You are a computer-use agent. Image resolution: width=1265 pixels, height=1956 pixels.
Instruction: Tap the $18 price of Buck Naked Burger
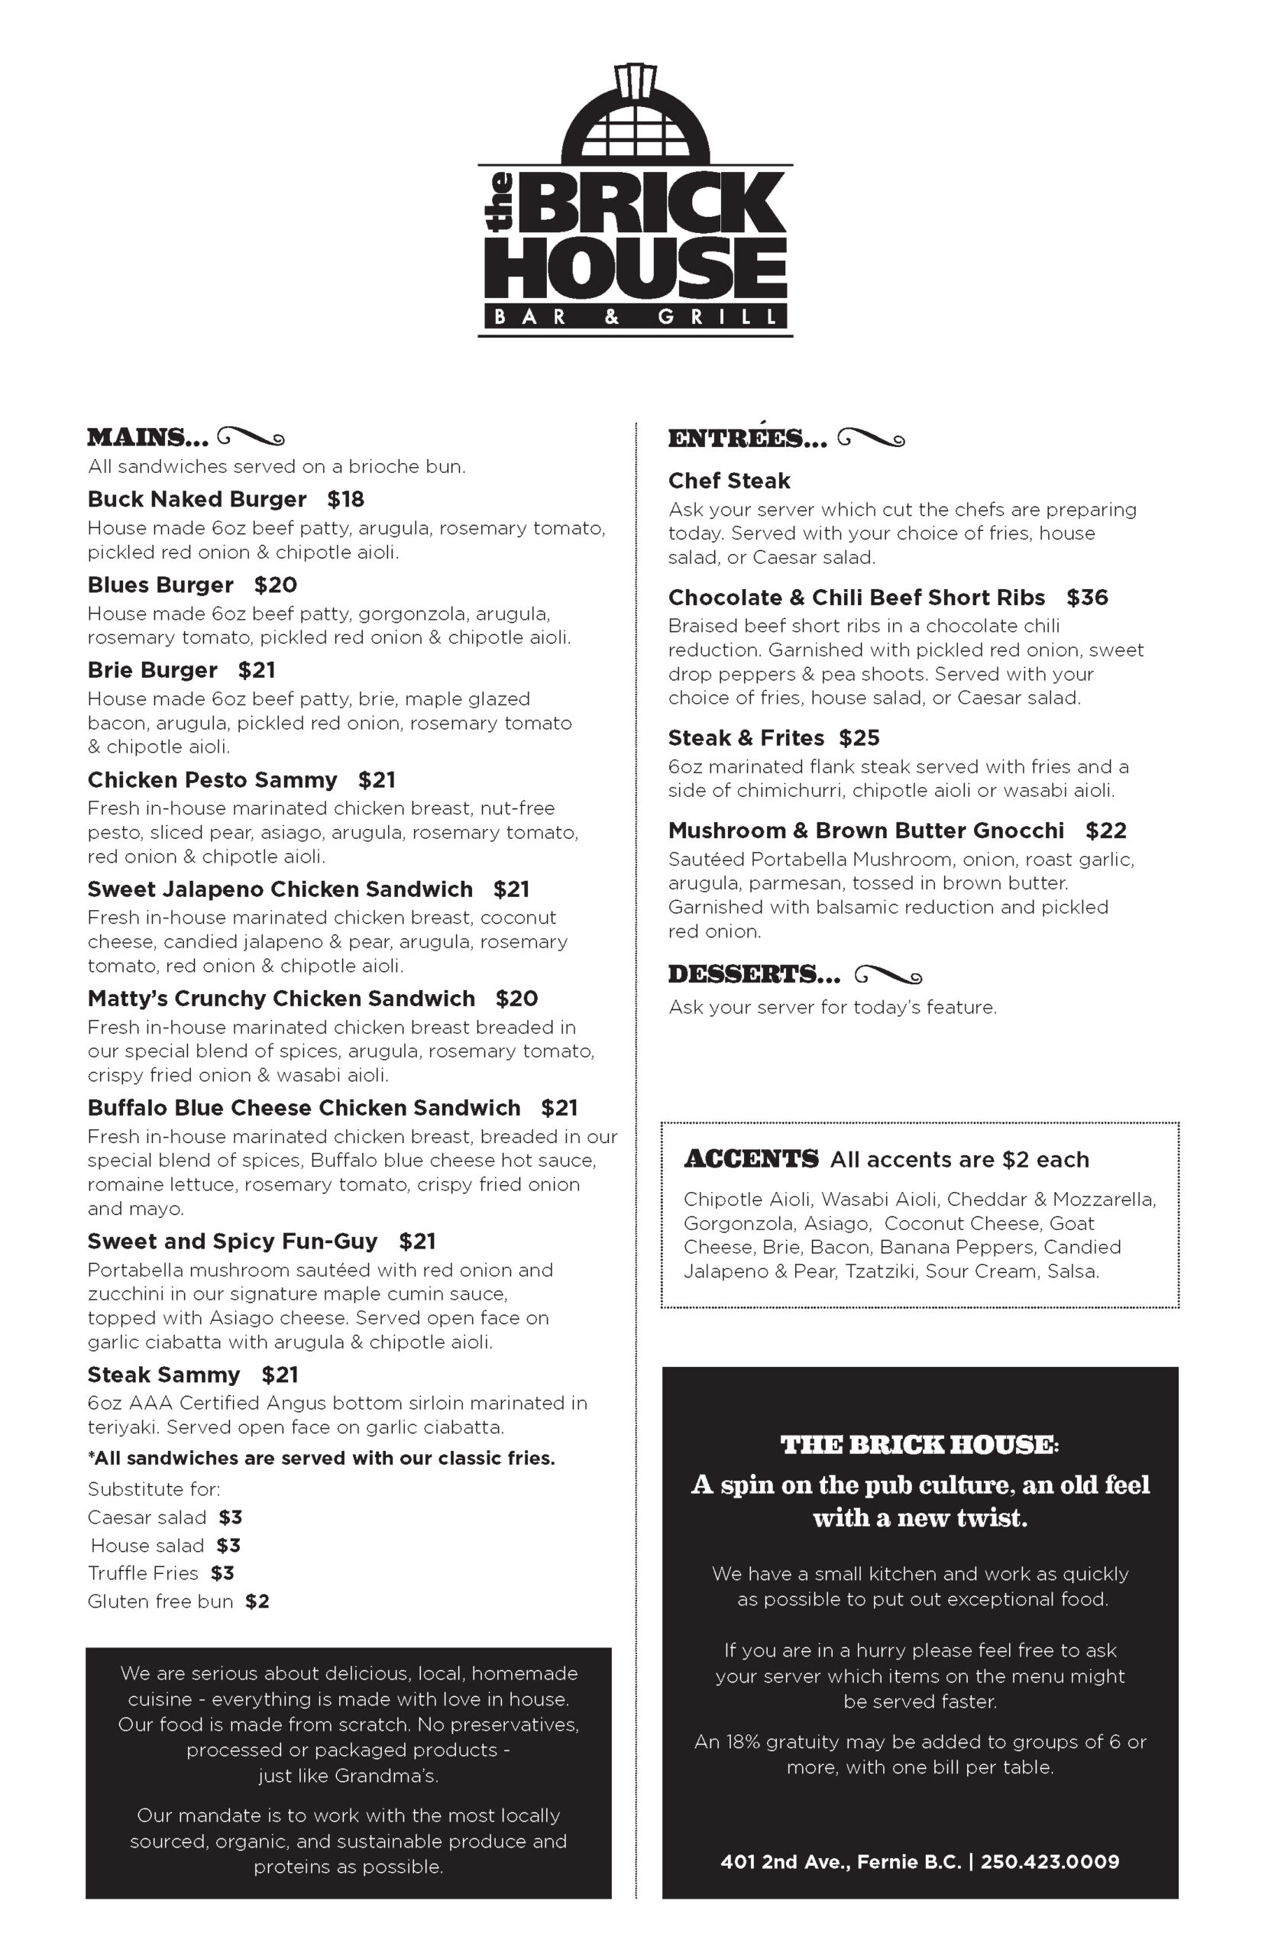[x=345, y=500]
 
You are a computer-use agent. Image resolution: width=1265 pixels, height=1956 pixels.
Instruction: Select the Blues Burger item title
[x=160, y=585]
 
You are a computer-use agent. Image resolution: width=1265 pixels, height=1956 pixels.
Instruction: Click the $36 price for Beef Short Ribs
[x=1087, y=597]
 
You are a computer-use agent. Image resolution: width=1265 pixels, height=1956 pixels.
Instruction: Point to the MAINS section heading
[x=148, y=437]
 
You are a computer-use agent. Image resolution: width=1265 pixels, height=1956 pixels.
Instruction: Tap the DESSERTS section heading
[x=754, y=974]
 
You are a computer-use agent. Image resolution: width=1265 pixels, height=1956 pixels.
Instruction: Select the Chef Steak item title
[x=729, y=481]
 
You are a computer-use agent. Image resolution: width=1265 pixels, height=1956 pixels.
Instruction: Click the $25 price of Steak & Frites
[x=859, y=738]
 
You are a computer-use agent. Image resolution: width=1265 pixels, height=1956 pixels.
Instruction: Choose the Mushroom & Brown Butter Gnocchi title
[x=865, y=831]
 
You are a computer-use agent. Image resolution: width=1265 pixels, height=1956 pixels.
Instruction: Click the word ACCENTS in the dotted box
[x=751, y=1159]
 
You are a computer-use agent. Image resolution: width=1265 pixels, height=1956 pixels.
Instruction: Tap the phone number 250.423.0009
[x=1049, y=1861]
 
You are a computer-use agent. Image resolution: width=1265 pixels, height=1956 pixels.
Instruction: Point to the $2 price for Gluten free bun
[x=257, y=1601]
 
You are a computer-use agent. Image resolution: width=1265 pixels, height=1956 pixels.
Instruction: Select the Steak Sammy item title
[x=163, y=1375]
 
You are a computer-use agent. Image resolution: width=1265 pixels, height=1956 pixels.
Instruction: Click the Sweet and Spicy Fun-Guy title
[x=232, y=1242]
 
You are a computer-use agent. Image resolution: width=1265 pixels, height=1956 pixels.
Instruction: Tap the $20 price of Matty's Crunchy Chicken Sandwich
[x=516, y=999]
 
